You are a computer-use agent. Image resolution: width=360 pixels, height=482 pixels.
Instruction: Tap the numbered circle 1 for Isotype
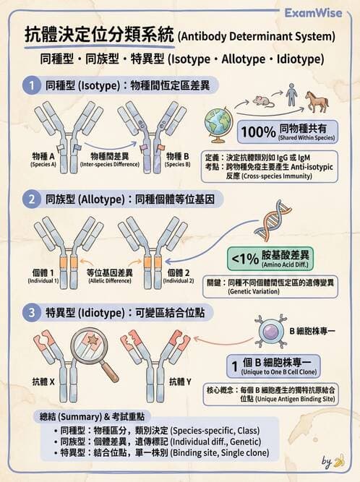33,85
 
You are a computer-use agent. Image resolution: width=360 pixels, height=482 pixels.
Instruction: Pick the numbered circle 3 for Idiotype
33,313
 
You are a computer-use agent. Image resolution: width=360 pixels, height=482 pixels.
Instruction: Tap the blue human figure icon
290,98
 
